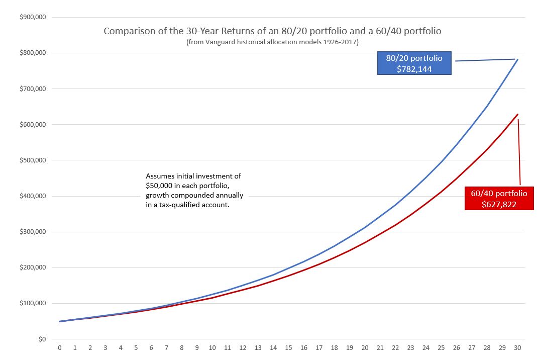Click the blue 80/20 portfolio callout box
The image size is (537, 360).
tap(414, 63)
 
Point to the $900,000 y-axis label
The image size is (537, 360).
tap(33, 17)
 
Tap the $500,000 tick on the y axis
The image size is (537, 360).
tap(33, 160)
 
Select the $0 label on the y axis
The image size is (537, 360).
tap(42, 339)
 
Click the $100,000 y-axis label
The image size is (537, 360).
tap(33, 304)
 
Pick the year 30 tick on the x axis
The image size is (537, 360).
tap(517, 348)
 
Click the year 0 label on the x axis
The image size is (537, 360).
tap(60, 348)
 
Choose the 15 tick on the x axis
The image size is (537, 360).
tap(288, 348)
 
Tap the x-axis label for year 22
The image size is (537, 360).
tap(395, 348)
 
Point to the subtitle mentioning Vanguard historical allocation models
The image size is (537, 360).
tap(272, 42)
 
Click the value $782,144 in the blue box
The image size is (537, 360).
tap(414, 69)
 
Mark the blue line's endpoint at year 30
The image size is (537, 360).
tap(517, 59)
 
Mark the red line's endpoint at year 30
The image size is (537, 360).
tap(517, 115)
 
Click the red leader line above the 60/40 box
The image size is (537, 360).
tap(519, 151)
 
